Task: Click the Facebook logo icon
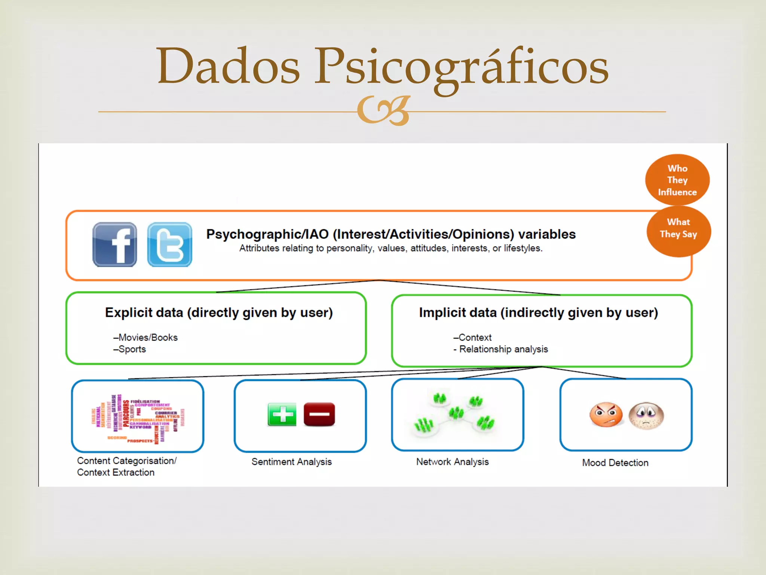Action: pos(114,244)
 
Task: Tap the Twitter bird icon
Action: pos(170,244)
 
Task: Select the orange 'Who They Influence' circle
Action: pos(677,180)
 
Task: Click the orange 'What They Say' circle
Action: pos(678,231)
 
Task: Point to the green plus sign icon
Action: pos(282,414)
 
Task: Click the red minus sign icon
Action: pos(319,414)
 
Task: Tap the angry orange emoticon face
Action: pos(606,415)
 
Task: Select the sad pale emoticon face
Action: pos(646,416)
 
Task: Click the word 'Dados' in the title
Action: pos(229,66)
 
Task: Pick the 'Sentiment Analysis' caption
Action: pos(291,462)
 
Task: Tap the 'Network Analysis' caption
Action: pos(452,462)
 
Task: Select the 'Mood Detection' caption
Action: pos(615,463)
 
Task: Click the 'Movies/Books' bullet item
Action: pos(146,337)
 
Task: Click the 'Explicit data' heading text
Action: pos(219,313)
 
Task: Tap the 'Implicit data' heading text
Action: pos(538,313)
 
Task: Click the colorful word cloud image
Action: pos(138,419)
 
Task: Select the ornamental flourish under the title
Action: pos(384,111)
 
